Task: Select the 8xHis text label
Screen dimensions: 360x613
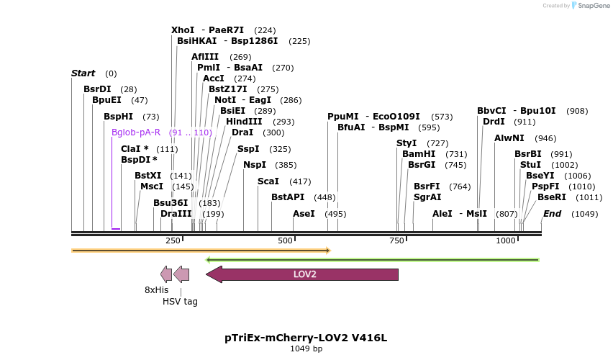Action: click(x=156, y=289)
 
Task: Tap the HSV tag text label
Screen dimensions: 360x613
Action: click(x=180, y=302)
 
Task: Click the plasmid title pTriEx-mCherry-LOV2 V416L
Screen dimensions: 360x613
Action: click(x=306, y=337)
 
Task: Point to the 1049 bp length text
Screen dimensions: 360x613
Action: click(x=306, y=348)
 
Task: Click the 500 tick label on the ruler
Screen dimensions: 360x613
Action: click(x=285, y=240)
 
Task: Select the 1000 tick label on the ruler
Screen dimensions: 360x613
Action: click(x=506, y=240)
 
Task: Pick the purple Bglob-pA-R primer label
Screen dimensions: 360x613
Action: click(x=136, y=132)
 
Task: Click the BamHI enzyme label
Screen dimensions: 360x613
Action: click(x=419, y=154)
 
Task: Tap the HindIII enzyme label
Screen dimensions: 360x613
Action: click(x=244, y=122)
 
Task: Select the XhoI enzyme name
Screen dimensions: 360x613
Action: click(x=183, y=30)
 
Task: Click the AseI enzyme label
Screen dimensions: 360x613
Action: click(x=304, y=214)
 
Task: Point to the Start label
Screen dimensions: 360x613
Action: click(x=83, y=73)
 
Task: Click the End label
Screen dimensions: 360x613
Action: click(x=553, y=214)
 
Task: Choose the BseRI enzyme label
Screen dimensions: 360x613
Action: click(x=552, y=197)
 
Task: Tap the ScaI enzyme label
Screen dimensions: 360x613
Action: click(x=268, y=181)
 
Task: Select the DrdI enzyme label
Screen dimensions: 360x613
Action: click(x=494, y=122)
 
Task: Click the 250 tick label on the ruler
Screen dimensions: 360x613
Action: click(x=173, y=240)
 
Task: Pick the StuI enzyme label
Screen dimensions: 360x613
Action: click(x=530, y=165)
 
